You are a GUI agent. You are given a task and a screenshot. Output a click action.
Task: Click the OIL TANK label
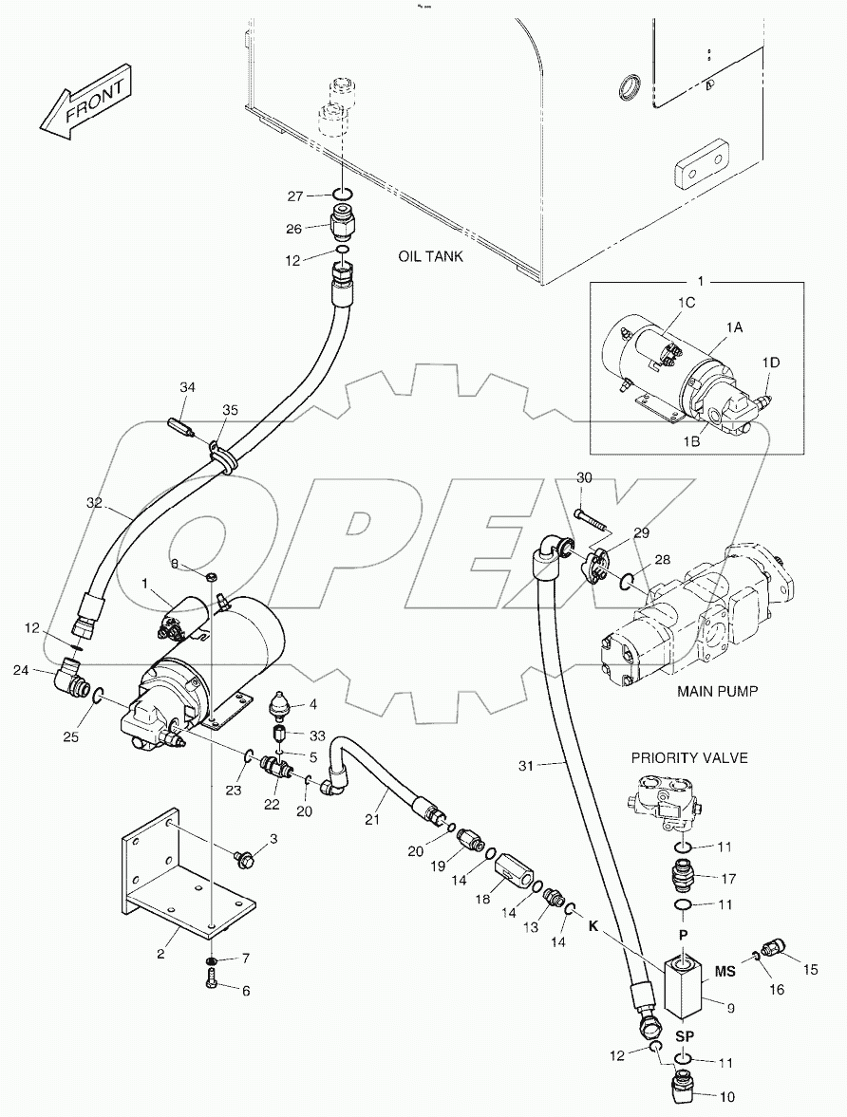tap(430, 256)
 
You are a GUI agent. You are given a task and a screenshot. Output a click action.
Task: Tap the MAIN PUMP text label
tap(717, 691)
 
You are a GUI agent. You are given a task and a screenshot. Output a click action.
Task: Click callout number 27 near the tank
tap(296, 196)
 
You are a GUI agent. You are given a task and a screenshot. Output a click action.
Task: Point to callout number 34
tap(188, 387)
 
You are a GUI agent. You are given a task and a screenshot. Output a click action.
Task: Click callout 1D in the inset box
tap(771, 362)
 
